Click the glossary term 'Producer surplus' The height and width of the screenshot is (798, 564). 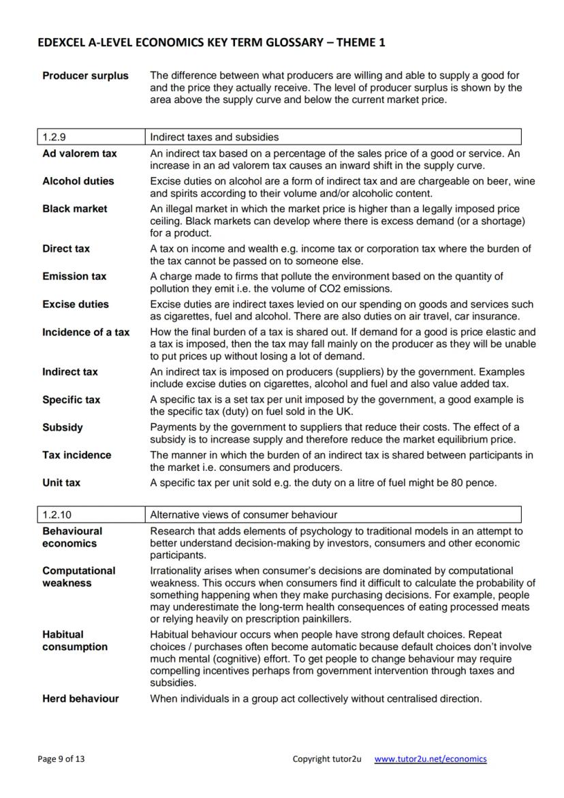click(85, 76)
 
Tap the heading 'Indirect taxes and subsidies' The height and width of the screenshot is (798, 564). click(214, 137)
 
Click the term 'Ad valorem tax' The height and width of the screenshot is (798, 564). click(79, 153)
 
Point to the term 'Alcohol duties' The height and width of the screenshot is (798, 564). click(78, 181)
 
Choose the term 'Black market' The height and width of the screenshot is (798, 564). click(74, 209)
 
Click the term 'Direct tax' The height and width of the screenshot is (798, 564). click(65, 249)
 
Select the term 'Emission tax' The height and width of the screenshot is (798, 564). click(74, 276)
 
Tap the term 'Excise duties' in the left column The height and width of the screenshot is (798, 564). click(75, 304)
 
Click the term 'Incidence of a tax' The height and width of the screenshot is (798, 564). click(86, 332)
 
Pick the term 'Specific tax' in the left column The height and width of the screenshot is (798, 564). click(71, 399)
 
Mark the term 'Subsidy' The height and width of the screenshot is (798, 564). click(62, 427)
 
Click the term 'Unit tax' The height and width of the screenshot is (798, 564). click(61, 482)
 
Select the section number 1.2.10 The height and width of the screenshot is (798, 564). click(57, 515)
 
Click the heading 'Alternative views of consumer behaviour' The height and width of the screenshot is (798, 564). click(243, 515)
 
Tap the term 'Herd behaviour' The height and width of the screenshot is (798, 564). click(80, 699)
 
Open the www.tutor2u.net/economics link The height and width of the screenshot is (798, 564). click(430, 758)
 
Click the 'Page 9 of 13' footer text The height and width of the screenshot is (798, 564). click(62, 758)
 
